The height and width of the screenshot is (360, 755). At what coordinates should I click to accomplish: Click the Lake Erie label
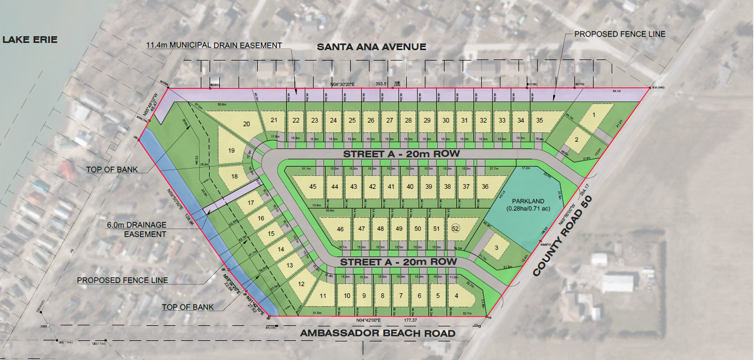[x=29, y=40]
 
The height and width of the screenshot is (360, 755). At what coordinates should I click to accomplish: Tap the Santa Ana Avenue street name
[x=371, y=47]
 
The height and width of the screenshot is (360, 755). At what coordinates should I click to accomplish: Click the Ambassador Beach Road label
[x=378, y=333]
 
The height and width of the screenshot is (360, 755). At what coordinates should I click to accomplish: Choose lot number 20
[x=246, y=124]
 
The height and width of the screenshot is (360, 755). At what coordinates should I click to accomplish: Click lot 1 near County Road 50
[x=594, y=115]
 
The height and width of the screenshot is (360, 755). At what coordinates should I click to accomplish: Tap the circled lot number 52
[x=455, y=229]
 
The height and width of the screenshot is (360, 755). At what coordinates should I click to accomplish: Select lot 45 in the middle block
[x=312, y=187]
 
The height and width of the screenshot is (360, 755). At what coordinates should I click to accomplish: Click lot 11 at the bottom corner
[x=323, y=296]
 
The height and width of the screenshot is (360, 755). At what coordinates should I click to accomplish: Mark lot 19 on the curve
[x=231, y=151]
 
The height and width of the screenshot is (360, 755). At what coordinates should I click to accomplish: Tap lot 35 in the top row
[x=539, y=121]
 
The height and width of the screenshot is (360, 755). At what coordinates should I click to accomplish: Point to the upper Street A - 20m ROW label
[x=401, y=154]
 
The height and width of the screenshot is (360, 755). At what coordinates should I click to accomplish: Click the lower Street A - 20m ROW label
[x=398, y=262]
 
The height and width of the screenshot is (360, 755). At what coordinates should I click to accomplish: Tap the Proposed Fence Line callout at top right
[x=619, y=34]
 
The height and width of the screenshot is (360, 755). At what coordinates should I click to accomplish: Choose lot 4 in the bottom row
[x=456, y=296]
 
